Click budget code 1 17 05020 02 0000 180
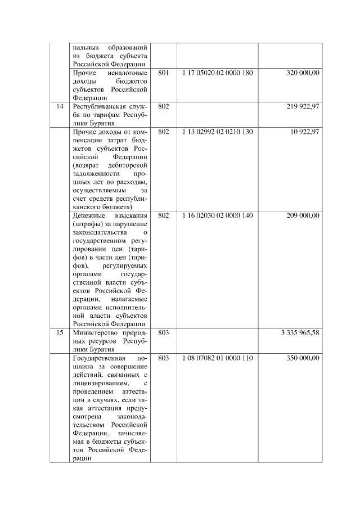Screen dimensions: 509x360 coord(218,73)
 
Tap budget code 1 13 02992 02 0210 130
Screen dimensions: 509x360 coord(218,132)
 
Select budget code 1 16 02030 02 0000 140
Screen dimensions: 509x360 coord(218,215)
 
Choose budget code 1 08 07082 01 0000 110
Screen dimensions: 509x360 coord(218,358)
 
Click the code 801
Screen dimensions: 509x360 coord(164,73)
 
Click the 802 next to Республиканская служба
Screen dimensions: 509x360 coord(164,106)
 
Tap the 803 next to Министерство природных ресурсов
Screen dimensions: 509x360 coord(164,332)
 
